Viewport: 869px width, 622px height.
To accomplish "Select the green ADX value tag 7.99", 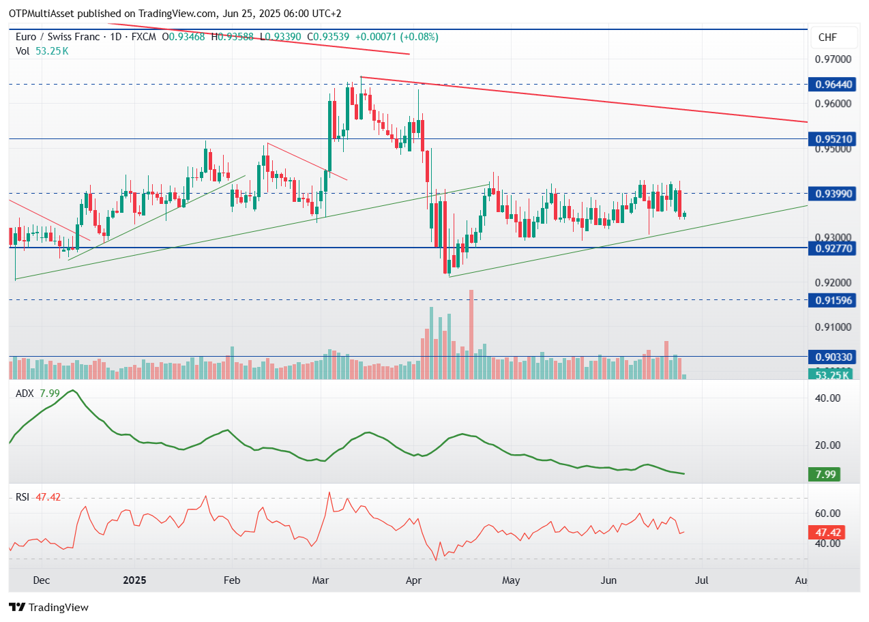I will pos(824,474).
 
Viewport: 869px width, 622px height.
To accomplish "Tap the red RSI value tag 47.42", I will pos(824,532).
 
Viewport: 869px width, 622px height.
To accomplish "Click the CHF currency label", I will pos(827,38).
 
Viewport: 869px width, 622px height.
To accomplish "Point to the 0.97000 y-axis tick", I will pos(833,59).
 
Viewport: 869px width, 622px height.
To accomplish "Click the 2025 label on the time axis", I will pos(134,580).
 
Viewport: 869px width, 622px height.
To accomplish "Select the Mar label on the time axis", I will pos(321,580).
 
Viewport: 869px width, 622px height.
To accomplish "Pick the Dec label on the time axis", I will pos(42,580).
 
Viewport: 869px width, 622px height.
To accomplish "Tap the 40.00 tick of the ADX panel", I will pos(828,398).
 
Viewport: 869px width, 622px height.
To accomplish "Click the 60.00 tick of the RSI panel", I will pos(828,514).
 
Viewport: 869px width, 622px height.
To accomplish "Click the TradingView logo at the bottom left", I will pos(48,607).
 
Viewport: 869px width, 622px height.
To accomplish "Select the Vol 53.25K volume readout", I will pos(42,50).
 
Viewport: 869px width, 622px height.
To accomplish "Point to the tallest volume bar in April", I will pos(471,334).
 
